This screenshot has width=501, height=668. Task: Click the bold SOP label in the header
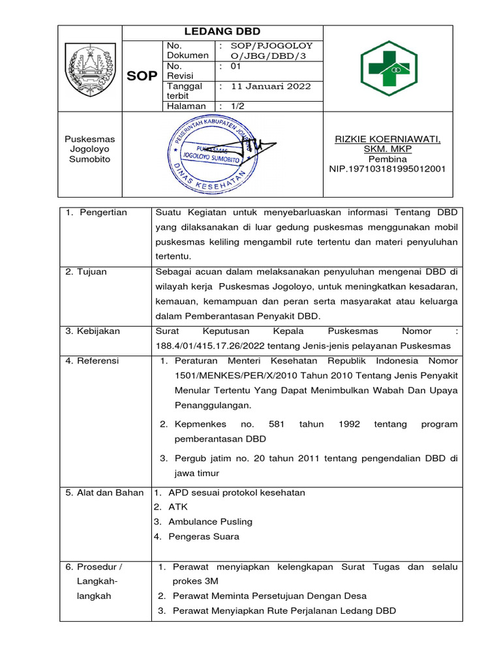point(142,76)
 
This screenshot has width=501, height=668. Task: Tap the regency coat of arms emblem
point(91,68)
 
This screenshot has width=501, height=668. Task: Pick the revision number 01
point(235,66)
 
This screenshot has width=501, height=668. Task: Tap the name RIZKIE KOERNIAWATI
point(387,139)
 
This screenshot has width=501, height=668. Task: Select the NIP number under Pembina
point(387,169)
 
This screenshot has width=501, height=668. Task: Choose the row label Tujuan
point(95,272)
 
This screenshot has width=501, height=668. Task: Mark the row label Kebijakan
point(99,331)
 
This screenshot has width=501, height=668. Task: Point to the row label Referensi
point(97,361)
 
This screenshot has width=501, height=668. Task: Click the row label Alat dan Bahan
point(104,493)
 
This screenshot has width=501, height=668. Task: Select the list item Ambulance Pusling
point(210,522)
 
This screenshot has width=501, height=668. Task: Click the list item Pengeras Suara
point(204,537)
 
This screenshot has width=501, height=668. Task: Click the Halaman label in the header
point(187,106)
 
